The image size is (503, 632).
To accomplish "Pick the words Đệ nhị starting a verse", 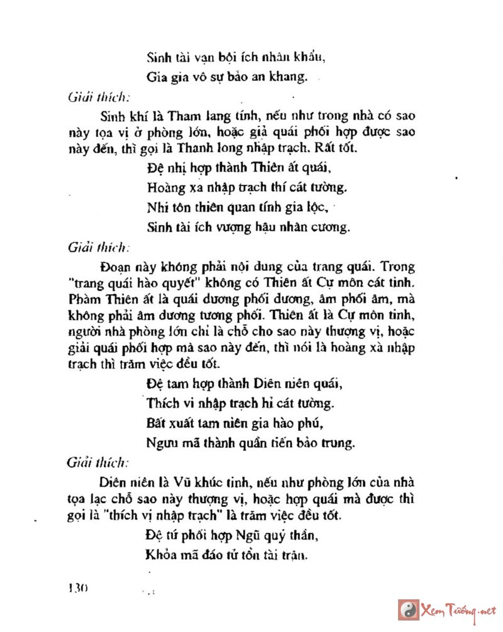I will click(x=165, y=168).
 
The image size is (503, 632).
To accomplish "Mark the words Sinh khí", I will click(x=120, y=117).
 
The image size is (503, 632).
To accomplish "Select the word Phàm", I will click(x=84, y=299).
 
